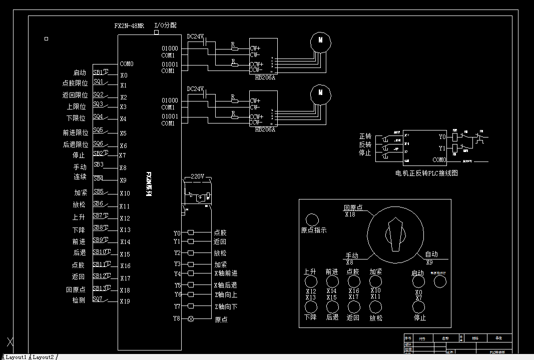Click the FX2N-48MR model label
pos(129,25)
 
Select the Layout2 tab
pos(44,356)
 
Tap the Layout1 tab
pos(16,356)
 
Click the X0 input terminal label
pos(124,75)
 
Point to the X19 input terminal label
pos(125,301)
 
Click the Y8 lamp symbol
pos(190,318)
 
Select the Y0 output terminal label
pos(177,233)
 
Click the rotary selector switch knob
pos(395,234)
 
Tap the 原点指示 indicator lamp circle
pos(312,219)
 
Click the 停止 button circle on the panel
pos(419,306)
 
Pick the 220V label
pos(197,176)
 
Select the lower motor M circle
pos(320,93)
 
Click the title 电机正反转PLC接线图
pos(426,173)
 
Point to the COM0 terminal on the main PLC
pos(127,64)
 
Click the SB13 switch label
pos(99,288)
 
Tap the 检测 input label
pos(79,300)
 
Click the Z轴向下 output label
pos(226,306)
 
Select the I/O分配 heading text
pos(165,25)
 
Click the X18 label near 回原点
pos(350,214)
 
